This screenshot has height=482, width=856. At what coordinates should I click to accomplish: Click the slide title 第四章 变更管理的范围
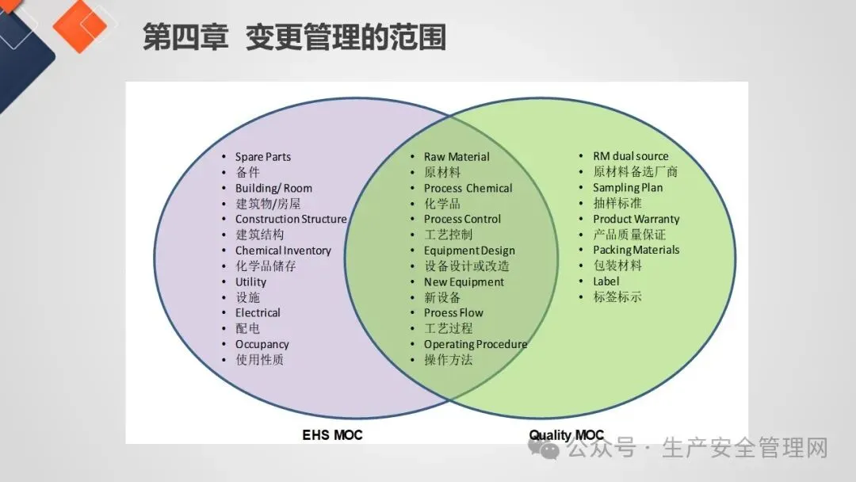[x=294, y=37]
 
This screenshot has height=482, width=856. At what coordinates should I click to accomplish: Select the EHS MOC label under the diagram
[x=332, y=435]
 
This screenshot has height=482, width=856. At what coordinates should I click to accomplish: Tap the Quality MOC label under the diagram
[x=566, y=435]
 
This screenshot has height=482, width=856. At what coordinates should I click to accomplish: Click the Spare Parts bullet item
[x=263, y=157]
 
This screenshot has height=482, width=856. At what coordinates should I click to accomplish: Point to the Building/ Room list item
[x=273, y=188]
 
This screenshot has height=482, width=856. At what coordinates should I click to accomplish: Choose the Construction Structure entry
[x=291, y=219]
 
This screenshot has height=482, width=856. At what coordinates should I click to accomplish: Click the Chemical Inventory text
[x=283, y=251]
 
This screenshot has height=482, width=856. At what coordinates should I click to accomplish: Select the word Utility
[x=250, y=281]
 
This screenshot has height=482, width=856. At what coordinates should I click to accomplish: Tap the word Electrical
[x=258, y=312]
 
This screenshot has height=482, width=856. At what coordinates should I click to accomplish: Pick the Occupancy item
[x=262, y=344]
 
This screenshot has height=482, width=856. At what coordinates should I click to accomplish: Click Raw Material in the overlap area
[x=457, y=157]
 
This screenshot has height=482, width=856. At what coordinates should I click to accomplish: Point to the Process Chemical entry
[x=468, y=188]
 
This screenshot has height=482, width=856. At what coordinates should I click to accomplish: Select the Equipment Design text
[x=469, y=251]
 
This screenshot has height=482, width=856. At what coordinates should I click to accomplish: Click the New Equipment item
[x=464, y=281]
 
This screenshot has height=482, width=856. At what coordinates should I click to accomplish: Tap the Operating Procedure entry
[x=475, y=344]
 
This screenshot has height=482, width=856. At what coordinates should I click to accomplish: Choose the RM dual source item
[x=630, y=156]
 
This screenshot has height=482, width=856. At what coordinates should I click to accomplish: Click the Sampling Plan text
[x=628, y=187]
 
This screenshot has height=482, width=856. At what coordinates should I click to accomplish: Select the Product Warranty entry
[x=636, y=219]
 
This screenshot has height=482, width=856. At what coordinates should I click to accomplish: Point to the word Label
[x=606, y=281]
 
